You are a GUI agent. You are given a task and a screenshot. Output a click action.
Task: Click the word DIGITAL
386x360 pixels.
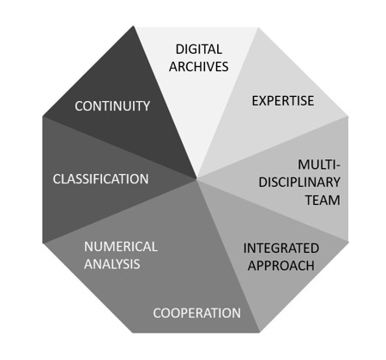click(x=199, y=49)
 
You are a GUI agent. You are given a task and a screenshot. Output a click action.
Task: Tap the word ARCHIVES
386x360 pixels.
click(x=199, y=67)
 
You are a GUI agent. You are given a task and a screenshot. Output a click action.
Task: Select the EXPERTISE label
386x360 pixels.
click(x=283, y=101)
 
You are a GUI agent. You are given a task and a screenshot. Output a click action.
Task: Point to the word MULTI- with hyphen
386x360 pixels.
click(x=319, y=165)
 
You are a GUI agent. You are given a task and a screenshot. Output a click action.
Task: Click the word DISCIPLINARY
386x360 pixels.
click(x=299, y=183)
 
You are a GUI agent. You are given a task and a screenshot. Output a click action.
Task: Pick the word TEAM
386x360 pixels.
click(x=323, y=200)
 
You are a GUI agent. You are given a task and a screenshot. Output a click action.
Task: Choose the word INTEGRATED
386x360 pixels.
click(x=281, y=248)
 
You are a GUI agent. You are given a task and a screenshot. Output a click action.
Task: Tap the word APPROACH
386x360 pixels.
click(x=281, y=266)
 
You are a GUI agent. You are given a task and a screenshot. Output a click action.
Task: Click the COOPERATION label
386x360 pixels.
click(x=196, y=313)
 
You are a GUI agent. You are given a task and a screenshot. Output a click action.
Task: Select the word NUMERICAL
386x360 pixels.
click(x=121, y=247)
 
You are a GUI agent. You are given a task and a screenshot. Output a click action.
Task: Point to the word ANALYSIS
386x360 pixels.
click(x=112, y=264)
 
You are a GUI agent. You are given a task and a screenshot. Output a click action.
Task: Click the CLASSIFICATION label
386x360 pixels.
click(x=100, y=179)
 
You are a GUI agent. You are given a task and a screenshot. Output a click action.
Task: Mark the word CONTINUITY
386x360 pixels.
click(x=112, y=106)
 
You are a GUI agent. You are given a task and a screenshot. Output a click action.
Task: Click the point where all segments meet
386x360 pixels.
click(x=196, y=179)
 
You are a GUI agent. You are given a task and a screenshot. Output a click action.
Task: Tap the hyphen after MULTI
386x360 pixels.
click(x=338, y=165)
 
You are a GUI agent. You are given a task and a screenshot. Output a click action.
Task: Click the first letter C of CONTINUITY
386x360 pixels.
click(x=79, y=106)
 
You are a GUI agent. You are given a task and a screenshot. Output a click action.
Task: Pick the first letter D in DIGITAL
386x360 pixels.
click(x=180, y=49)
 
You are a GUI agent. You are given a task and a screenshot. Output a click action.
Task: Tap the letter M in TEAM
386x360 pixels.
click(x=335, y=200)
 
